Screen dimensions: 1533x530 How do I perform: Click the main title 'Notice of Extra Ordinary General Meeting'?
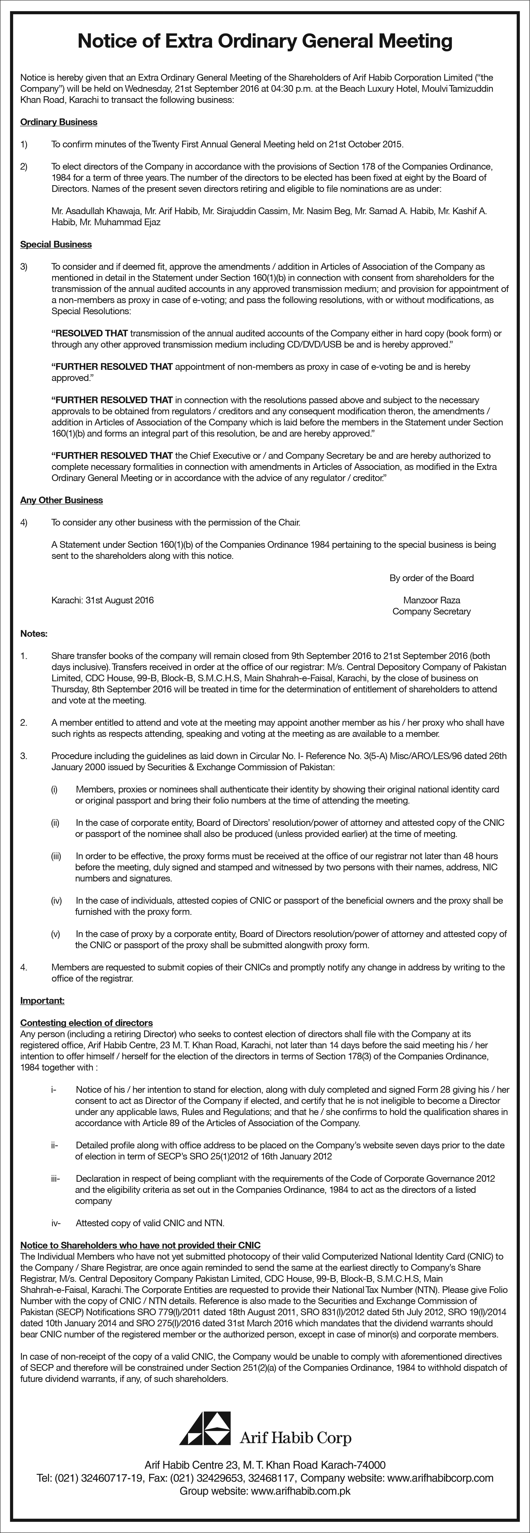[265, 41]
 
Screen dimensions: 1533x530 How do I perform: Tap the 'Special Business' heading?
[56, 245]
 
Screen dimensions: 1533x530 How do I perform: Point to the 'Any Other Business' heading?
[61, 500]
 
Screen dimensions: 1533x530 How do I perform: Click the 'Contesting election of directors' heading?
[86, 1023]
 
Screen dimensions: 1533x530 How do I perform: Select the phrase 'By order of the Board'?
[432, 578]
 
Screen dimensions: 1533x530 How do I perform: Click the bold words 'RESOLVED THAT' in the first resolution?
[90, 333]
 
